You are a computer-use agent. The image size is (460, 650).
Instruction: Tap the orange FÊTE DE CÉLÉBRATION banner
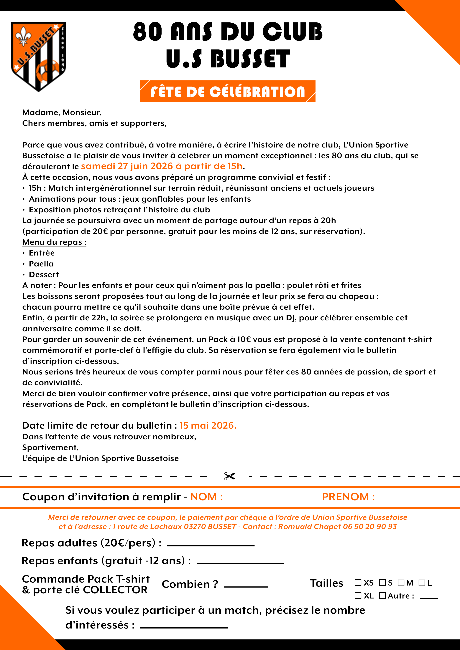(x=228, y=92)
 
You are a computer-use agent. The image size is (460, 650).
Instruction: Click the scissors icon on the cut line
(x=230, y=476)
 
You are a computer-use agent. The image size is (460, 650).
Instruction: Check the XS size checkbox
(x=358, y=583)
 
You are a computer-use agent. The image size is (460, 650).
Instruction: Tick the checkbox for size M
(x=401, y=583)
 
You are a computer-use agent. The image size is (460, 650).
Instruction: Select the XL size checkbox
(x=358, y=596)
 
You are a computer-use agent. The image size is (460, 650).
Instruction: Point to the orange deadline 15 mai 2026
(x=208, y=425)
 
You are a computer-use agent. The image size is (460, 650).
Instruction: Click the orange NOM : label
(x=206, y=497)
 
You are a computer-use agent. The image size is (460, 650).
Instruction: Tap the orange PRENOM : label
(x=348, y=497)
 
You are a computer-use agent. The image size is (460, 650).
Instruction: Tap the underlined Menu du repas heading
(x=54, y=242)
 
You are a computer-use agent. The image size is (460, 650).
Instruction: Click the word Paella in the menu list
(x=41, y=264)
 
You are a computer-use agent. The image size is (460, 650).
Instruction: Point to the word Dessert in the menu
(x=44, y=275)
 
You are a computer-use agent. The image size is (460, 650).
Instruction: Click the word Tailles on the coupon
(x=326, y=583)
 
